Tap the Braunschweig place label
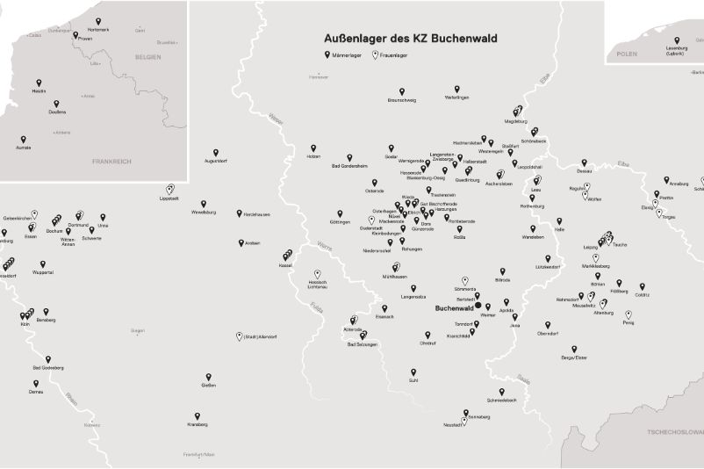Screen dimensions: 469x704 402,100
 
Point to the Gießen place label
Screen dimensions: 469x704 209,386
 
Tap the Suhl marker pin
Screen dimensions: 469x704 413,372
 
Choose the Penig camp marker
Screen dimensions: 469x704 629,314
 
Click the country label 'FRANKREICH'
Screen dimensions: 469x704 111,162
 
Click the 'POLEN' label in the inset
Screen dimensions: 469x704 627,54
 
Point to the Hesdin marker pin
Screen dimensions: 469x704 39,83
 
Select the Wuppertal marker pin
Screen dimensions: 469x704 42,263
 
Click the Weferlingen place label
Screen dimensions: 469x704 456,97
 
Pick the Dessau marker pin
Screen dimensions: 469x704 584,162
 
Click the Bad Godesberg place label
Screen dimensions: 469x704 47,367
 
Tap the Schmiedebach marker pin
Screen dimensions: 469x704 502,392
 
